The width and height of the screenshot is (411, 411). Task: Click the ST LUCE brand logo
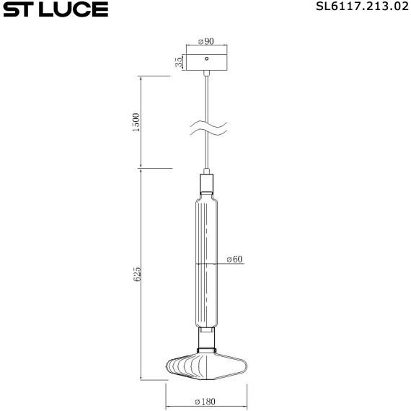(x=55, y=9)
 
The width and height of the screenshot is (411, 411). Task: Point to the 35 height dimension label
(x=178, y=62)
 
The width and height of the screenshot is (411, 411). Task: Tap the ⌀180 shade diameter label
(x=207, y=400)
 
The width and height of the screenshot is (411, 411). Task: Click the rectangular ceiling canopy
(x=206, y=59)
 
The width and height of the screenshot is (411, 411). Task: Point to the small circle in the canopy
(x=206, y=58)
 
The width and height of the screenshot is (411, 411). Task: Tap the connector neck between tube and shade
(x=206, y=338)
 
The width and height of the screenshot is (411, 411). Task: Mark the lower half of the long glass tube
(x=206, y=296)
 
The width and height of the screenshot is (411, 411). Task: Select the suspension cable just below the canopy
(x=207, y=87)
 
